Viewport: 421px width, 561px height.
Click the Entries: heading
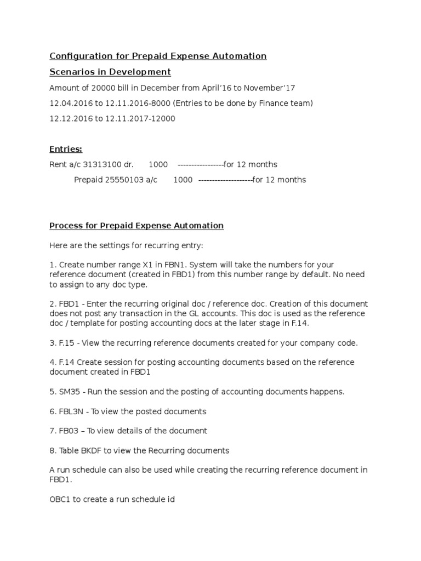tap(66, 150)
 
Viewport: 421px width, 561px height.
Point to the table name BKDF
tap(90, 451)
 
